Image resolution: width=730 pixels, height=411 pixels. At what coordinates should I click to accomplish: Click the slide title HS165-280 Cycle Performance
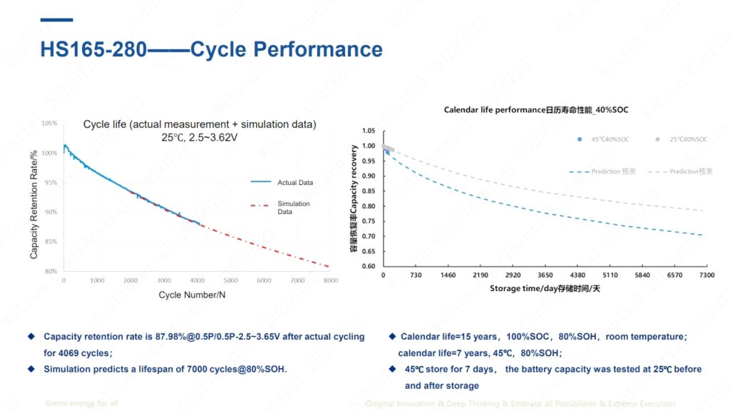click(211, 49)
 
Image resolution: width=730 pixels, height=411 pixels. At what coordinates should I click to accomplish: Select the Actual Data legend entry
click(294, 183)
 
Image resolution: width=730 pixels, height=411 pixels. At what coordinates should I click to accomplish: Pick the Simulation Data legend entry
click(294, 208)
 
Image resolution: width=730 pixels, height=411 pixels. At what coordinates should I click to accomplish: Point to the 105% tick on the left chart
click(49, 123)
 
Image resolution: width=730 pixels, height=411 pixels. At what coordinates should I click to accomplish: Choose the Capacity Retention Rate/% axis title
click(34, 203)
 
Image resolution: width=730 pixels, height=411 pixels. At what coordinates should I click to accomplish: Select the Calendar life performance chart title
click(535, 110)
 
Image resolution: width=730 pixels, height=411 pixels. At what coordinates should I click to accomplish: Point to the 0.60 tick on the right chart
click(368, 266)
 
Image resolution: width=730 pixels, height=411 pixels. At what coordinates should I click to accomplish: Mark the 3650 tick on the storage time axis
click(545, 275)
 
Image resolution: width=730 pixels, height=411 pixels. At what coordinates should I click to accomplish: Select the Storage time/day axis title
click(545, 288)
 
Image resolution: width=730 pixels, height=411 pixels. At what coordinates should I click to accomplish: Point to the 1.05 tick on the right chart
click(368, 131)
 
